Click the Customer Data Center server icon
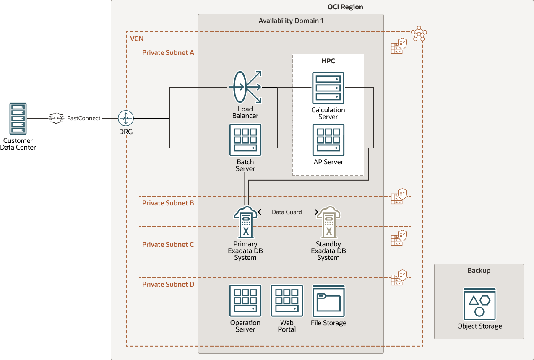(x=18, y=119)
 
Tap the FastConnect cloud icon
(x=56, y=118)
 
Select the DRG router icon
(x=125, y=118)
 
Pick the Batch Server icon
(x=245, y=140)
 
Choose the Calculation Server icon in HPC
(x=328, y=88)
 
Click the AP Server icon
(x=328, y=140)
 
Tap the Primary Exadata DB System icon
(x=245, y=222)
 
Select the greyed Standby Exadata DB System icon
(x=328, y=222)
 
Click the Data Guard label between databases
(x=287, y=212)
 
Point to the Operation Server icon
(x=245, y=300)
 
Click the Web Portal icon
(x=287, y=300)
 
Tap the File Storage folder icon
(x=328, y=300)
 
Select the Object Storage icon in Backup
(x=479, y=304)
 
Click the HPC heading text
(x=328, y=61)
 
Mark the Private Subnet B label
(x=168, y=203)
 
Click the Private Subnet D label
(x=168, y=284)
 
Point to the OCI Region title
(x=345, y=7)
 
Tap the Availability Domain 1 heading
(x=291, y=21)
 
